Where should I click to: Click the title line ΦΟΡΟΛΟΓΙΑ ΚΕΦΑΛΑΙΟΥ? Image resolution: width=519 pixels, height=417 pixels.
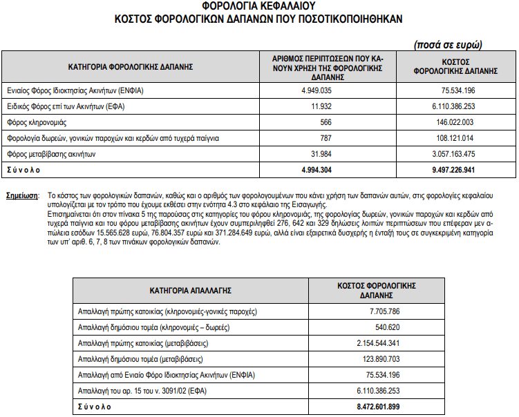coord(259,7)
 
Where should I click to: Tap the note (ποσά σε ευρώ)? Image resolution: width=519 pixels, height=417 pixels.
coord(447,44)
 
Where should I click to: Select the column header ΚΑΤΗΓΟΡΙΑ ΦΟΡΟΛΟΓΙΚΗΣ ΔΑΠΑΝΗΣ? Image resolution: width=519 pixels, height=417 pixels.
coord(130,68)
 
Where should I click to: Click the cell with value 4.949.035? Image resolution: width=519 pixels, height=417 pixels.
coord(317,91)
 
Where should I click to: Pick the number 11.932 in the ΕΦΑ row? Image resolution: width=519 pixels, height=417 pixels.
coord(322,107)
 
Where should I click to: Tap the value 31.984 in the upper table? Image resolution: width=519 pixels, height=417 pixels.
coord(322,154)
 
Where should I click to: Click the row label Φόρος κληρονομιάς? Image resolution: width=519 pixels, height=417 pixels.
coord(37,122)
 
